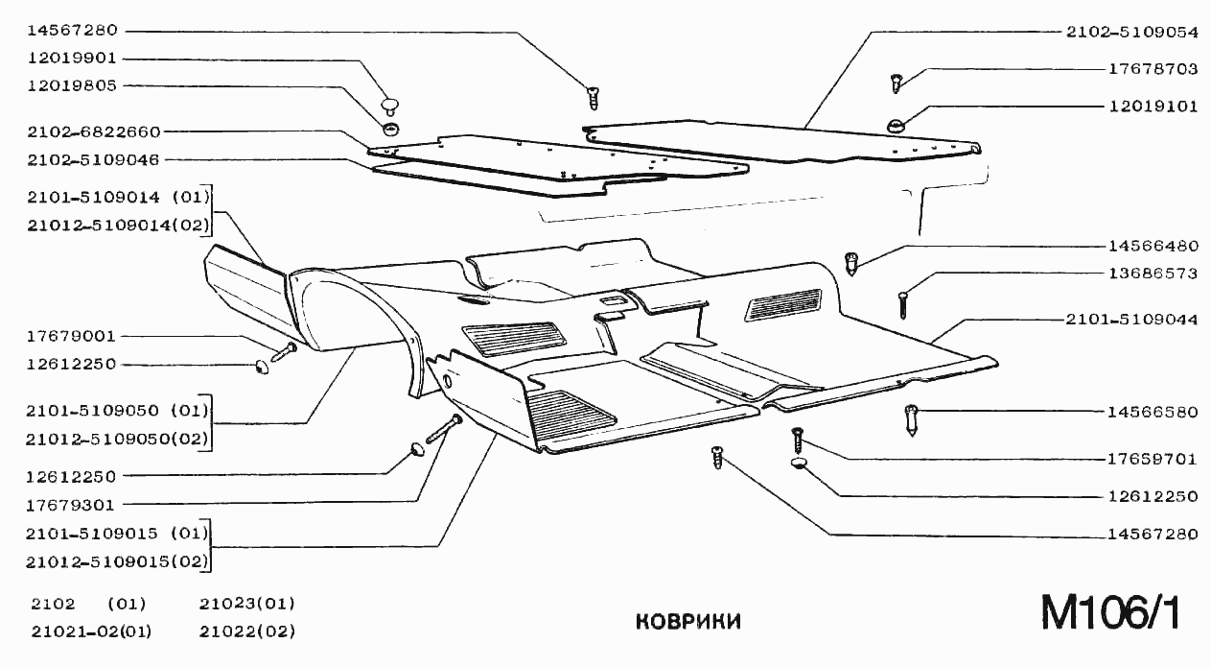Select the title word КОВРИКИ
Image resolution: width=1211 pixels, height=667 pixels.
pos(688,621)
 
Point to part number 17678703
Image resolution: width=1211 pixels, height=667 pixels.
pos(1153,69)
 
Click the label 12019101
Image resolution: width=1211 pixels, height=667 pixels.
pos(1153,107)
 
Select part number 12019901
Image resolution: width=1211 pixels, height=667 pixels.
pos(73,58)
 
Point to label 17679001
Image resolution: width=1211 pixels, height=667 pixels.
pos(73,337)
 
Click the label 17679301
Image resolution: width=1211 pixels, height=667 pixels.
pos(73,504)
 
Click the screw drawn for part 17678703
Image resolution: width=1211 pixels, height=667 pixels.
pos(897,83)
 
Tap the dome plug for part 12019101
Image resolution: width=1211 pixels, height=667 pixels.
pos(895,124)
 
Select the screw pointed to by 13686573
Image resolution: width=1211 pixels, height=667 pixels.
pos(903,305)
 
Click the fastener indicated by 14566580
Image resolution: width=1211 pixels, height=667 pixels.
pos(912,420)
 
